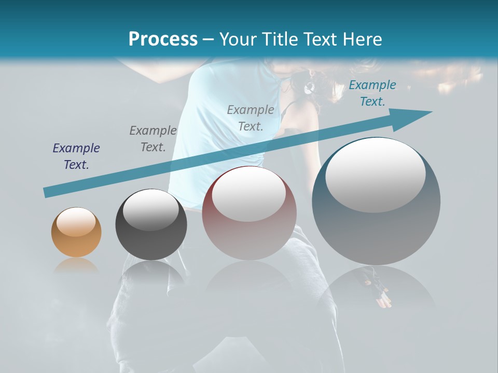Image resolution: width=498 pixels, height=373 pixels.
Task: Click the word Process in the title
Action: (x=163, y=39)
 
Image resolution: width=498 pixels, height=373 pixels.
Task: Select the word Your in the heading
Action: (x=237, y=39)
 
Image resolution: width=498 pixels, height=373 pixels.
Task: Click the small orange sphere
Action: (x=76, y=232)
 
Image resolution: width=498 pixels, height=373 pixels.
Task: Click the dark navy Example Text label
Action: (x=76, y=156)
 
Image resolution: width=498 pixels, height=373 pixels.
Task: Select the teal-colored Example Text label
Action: (x=372, y=93)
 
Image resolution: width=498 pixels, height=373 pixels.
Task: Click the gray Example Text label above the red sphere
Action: (x=251, y=118)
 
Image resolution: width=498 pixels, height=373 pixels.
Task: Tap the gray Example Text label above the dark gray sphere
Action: (x=153, y=138)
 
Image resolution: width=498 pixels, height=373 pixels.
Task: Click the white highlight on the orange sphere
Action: (x=76, y=221)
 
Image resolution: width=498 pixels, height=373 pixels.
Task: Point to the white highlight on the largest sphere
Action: (x=376, y=174)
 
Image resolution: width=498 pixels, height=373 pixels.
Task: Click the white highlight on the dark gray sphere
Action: (x=151, y=210)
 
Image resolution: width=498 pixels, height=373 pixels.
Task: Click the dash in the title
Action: (x=209, y=39)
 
